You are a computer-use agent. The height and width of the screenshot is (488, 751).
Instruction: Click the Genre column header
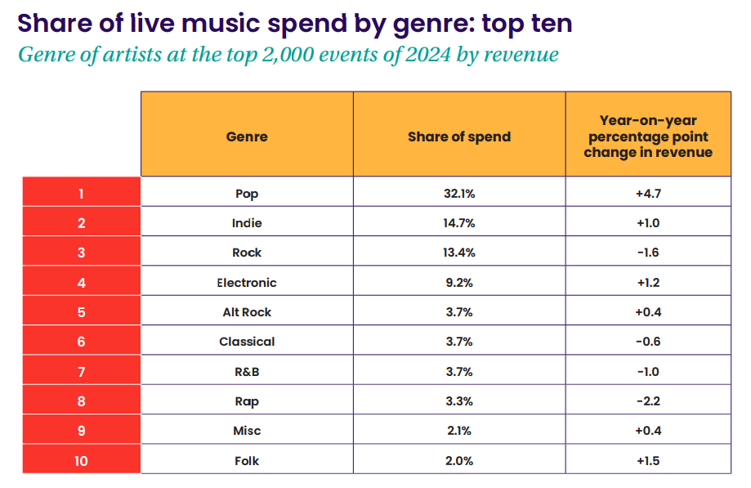247,137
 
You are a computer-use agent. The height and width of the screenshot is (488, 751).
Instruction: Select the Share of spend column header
459,137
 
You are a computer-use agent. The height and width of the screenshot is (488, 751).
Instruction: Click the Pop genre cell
247,194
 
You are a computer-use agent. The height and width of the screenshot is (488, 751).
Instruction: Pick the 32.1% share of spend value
459,194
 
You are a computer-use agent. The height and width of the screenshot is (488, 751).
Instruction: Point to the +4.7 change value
648,194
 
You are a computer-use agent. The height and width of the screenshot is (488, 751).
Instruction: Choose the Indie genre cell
247,223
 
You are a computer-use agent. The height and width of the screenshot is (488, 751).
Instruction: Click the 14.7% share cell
459,223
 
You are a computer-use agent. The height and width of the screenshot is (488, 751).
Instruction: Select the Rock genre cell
247,253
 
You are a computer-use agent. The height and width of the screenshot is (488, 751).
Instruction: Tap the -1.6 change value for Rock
648,253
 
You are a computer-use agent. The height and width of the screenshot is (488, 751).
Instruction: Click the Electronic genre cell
247,283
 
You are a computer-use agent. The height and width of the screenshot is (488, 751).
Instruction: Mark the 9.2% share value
459,283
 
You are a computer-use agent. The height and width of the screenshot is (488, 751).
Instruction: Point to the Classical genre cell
247,342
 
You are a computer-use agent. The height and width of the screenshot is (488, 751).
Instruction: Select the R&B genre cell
247,372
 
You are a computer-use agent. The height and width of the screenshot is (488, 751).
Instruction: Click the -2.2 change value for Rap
648,401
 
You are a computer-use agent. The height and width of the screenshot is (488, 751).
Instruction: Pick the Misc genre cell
247,431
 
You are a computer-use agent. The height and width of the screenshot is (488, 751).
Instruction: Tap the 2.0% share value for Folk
459,461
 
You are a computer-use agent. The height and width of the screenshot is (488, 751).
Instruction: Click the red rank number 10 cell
81,461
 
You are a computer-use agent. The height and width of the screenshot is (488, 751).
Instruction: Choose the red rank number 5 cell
81,312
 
